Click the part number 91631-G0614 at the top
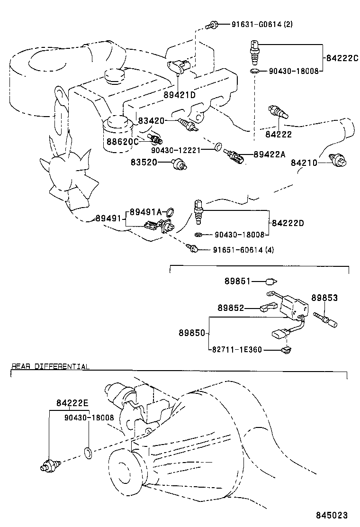pyautogui.click(x=256, y=24)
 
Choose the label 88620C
pyautogui.click(x=123, y=141)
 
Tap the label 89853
pyautogui.click(x=324, y=298)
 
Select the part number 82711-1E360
pyautogui.click(x=235, y=350)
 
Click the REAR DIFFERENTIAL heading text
pyautogui.click(x=50, y=366)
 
